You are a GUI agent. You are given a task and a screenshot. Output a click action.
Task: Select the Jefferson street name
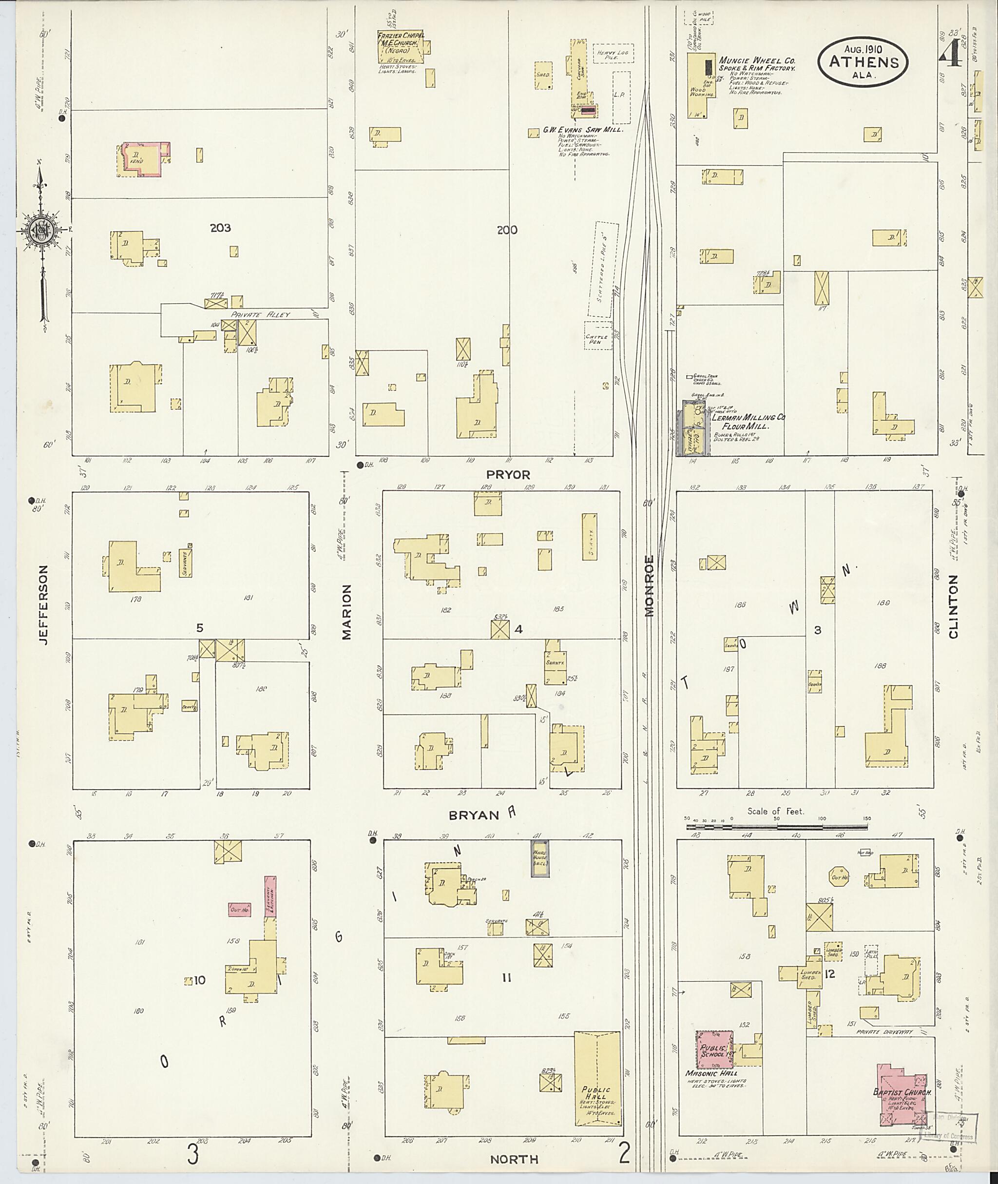click(45, 604)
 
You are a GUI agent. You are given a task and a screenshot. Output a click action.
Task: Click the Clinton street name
click(953, 607)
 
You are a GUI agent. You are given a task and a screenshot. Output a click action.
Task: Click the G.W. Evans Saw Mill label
click(583, 130)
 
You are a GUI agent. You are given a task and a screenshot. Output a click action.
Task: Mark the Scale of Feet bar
click(777, 826)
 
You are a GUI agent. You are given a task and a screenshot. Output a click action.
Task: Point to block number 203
click(220, 228)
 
